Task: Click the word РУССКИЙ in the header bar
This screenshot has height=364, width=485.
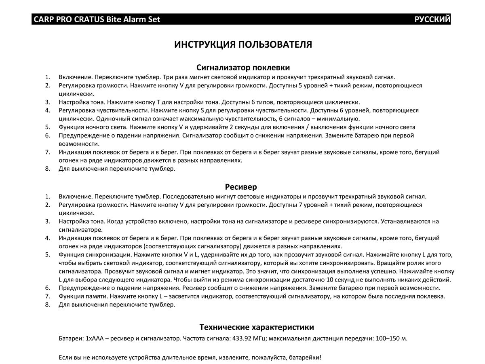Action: coord(432,19)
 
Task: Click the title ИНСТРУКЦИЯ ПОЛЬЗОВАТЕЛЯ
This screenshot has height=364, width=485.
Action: coord(243,44)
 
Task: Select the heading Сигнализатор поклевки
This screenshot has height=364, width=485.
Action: coord(243,68)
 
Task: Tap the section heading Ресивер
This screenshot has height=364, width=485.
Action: coord(241,187)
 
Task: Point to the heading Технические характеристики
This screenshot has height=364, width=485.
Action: coord(257,327)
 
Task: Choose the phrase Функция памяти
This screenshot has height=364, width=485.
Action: coord(82,296)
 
